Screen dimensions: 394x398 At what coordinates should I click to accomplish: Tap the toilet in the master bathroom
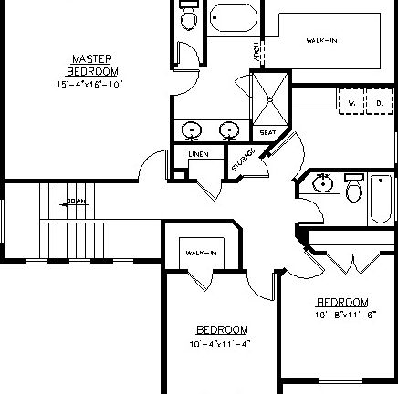click(x=188, y=17)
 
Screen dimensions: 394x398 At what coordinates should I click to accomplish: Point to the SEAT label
click(x=267, y=133)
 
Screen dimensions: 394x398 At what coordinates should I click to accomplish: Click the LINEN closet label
click(x=198, y=154)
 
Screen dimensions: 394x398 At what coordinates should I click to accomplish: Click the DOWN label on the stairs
click(x=76, y=202)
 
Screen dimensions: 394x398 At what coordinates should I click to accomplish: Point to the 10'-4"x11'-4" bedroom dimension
click(x=222, y=345)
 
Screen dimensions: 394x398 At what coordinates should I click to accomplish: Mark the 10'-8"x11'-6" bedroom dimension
click(x=342, y=315)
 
